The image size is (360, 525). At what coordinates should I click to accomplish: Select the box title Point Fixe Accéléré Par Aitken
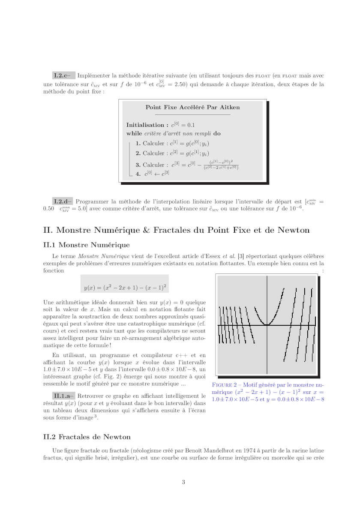192,108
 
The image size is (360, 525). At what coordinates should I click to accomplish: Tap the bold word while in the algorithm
134,133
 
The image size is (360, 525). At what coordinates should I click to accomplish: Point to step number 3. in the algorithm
138,165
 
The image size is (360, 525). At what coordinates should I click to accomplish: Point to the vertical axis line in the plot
267,343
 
